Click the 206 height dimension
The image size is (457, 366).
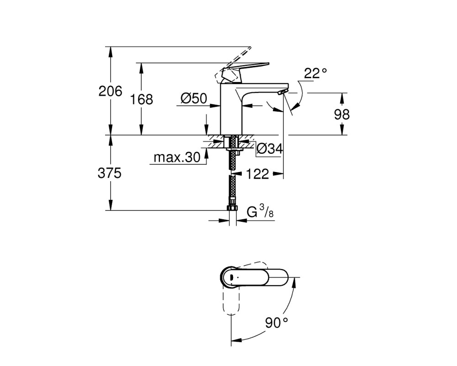[110, 91]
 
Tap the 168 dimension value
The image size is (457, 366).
[141, 99]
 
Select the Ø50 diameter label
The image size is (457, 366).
[194, 98]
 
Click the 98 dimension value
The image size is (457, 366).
[341, 114]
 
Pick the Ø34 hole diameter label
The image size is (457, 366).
[270, 149]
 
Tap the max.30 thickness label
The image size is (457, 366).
[177, 157]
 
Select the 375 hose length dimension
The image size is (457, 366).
[109, 173]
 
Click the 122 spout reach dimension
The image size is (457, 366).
[258, 174]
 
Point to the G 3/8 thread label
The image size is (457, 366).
[260, 212]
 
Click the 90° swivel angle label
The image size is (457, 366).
[276, 323]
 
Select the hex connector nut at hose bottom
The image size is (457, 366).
[232, 208]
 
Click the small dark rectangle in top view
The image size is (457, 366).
[231, 277]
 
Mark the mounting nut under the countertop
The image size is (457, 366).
[233, 149]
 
